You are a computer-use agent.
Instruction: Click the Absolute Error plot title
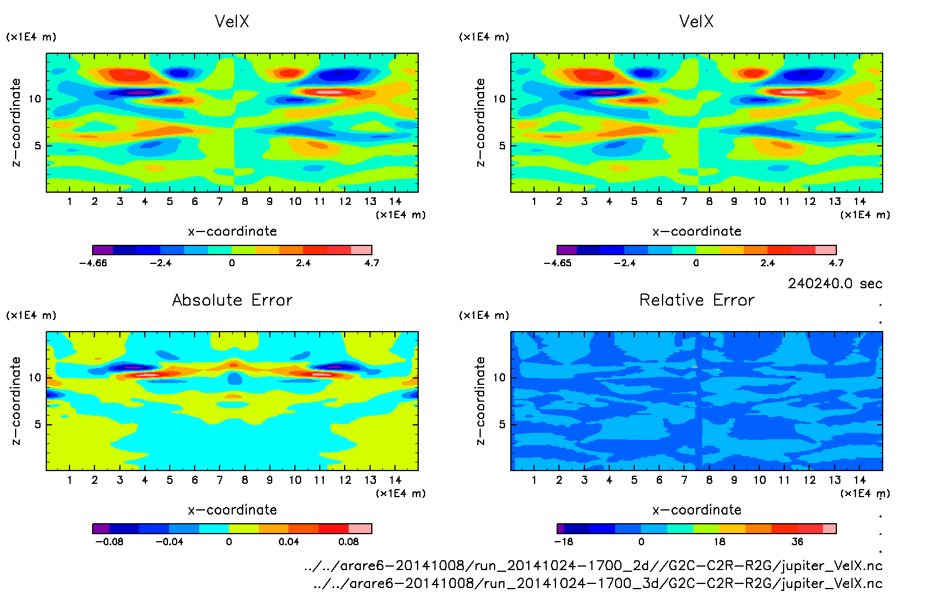(232, 300)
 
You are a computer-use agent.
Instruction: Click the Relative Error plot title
(697, 300)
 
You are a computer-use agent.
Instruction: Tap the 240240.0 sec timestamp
(835, 284)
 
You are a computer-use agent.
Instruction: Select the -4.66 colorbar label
(93, 263)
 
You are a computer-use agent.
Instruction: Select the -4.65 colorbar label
(557, 263)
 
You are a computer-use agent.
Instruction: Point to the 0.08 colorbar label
(348, 542)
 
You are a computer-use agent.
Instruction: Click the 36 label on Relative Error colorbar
(798, 542)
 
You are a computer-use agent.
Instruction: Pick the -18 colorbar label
(563, 542)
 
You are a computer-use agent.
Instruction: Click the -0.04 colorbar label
(169, 542)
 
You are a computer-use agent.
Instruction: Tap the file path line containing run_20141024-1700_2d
(593, 565)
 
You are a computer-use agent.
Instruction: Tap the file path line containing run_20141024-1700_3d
(597, 583)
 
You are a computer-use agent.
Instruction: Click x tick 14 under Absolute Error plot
(395, 480)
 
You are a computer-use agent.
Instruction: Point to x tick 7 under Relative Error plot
(684, 480)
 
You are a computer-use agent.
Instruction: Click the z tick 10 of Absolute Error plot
(35, 377)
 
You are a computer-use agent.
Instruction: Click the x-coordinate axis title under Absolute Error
(232, 510)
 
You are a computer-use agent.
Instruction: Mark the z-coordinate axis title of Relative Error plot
(480, 400)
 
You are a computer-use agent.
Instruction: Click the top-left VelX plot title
(232, 21)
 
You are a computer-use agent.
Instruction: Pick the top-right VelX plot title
(696, 21)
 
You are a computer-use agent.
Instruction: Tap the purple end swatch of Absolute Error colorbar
(101, 528)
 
